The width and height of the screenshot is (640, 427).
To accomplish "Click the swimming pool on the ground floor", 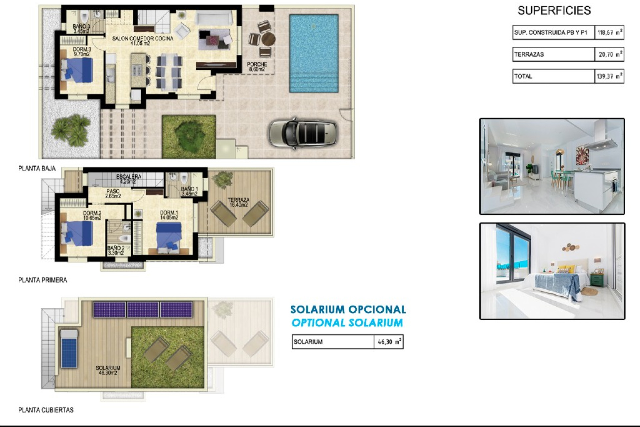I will (314, 53).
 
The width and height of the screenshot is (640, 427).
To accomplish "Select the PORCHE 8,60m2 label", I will (257, 67).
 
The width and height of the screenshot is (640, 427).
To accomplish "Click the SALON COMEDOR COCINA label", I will (143, 41).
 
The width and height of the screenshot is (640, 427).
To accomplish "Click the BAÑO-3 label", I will (81, 29).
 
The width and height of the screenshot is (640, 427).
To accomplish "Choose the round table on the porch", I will (268, 39).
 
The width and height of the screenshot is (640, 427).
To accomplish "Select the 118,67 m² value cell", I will (609, 33).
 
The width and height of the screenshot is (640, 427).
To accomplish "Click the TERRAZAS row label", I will (529, 54).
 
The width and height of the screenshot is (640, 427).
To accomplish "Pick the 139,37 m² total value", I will (609, 76).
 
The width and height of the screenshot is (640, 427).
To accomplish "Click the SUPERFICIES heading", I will (554, 11).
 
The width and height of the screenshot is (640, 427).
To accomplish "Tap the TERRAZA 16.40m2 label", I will (238, 202).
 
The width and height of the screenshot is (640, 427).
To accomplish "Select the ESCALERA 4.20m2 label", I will (128, 179).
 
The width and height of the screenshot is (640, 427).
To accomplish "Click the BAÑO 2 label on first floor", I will (116, 251).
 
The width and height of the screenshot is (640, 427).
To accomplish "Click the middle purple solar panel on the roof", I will (143, 310).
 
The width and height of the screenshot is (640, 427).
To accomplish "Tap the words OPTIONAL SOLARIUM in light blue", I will (347, 323).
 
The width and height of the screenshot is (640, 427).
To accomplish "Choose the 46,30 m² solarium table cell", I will (389, 342).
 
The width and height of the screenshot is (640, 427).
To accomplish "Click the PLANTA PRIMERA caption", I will (43, 280).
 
